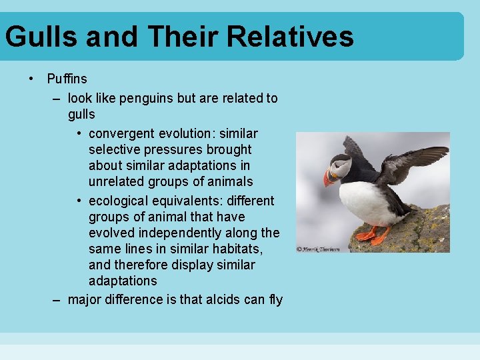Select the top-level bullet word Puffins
67,79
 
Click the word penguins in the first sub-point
151,98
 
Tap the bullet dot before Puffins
31,79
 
